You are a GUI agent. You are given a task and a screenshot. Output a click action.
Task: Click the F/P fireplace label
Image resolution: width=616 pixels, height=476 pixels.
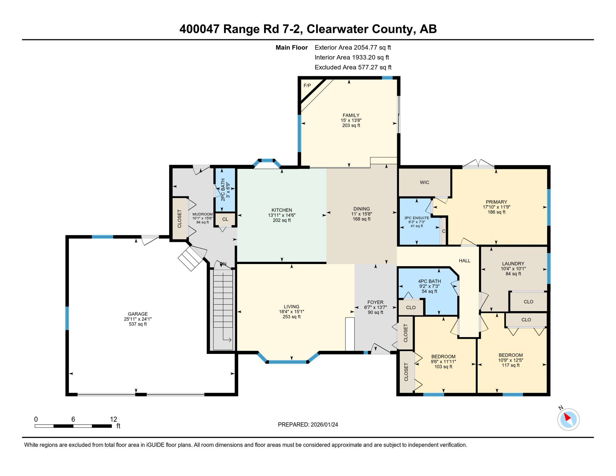(307, 86)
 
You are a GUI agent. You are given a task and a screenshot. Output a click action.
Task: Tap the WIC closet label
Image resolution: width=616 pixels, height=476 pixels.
(425, 183)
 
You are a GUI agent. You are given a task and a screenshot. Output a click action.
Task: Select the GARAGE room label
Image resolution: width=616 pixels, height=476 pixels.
(138, 314)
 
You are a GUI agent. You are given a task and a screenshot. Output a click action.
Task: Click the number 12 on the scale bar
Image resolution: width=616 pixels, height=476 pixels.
(113, 419)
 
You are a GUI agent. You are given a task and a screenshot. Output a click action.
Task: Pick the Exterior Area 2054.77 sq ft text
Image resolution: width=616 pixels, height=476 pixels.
(353, 47)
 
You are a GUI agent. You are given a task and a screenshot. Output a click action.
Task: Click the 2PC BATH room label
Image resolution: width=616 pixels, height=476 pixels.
(223, 190)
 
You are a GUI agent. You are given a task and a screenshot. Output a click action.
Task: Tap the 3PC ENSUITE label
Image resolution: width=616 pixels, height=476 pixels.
(417, 218)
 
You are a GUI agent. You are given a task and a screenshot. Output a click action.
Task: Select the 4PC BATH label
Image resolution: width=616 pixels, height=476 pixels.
(429, 281)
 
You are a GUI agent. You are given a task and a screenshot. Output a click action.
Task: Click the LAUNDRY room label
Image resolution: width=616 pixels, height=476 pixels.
(513, 264)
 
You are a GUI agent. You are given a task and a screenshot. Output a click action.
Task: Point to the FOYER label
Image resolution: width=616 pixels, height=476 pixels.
(375, 302)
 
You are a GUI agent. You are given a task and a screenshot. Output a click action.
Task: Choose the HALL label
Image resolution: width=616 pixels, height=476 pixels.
(464, 261)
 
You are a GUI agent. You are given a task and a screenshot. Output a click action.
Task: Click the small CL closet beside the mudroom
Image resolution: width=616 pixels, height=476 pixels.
(225, 219)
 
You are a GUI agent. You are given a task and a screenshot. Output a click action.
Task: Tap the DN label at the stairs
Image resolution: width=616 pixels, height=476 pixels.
(223, 264)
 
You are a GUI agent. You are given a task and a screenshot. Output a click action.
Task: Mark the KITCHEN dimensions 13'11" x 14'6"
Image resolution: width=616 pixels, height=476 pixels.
(282, 215)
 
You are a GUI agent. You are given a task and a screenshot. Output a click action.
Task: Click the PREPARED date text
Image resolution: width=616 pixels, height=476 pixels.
(308, 425)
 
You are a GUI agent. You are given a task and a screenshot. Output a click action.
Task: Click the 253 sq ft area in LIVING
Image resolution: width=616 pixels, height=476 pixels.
(292, 317)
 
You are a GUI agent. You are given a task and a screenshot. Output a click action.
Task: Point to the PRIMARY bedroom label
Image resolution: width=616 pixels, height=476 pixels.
(496, 202)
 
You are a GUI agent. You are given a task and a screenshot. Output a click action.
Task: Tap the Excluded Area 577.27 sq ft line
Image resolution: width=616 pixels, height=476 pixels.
(353, 67)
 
